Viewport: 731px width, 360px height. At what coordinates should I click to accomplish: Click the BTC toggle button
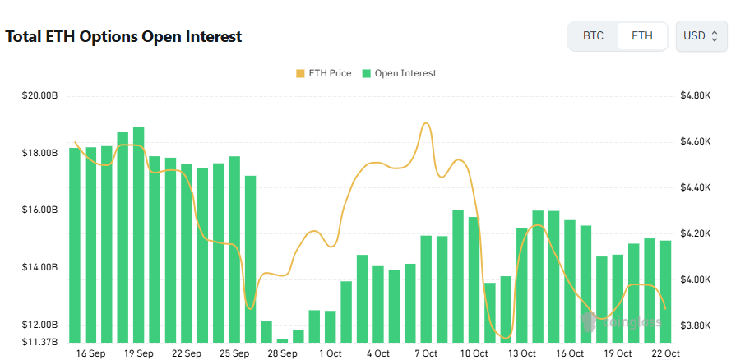point(593,36)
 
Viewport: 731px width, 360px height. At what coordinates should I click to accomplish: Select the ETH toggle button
point(642,36)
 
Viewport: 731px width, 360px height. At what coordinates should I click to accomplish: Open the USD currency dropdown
point(701,36)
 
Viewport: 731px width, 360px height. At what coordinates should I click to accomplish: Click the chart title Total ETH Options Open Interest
point(123,37)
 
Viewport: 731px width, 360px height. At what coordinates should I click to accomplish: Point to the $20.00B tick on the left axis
point(39,96)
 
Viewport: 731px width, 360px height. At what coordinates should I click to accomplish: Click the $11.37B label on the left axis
point(39,342)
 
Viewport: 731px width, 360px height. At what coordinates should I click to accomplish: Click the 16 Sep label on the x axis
point(90,353)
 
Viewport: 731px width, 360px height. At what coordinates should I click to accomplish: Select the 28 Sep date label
point(282,353)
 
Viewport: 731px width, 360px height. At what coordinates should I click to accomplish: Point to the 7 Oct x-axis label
point(426,353)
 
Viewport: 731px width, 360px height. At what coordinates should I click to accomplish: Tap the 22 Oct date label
point(666,353)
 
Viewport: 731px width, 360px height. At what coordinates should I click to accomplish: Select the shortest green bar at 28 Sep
point(282,340)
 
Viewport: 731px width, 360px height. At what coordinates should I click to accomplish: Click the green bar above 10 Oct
point(474,279)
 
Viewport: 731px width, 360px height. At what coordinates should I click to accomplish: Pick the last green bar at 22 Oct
point(665,292)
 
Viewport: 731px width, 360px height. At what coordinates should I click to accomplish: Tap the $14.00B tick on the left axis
point(39,268)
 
